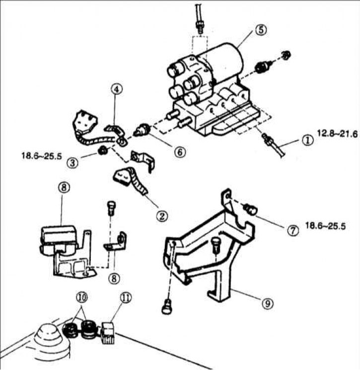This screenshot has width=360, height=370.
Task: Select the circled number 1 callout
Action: click(307, 140)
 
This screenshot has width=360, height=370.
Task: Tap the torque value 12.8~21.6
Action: click(337, 134)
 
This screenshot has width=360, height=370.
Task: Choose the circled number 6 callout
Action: click(180, 152)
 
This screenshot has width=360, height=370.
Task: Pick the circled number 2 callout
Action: click(162, 216)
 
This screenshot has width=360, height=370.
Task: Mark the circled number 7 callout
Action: click(293, 230)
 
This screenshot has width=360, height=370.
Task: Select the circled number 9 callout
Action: click(268, 303)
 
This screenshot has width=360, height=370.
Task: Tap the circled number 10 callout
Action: click(81, 297)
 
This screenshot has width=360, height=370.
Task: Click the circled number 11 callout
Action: click(126, 298)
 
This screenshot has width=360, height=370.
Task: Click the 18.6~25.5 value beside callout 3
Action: click(42, 156)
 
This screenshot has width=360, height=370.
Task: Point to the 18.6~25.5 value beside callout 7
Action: click(325, 226)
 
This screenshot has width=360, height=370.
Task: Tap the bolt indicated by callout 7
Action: click(251, 209)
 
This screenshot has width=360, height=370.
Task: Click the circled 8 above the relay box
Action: click(64, 188)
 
